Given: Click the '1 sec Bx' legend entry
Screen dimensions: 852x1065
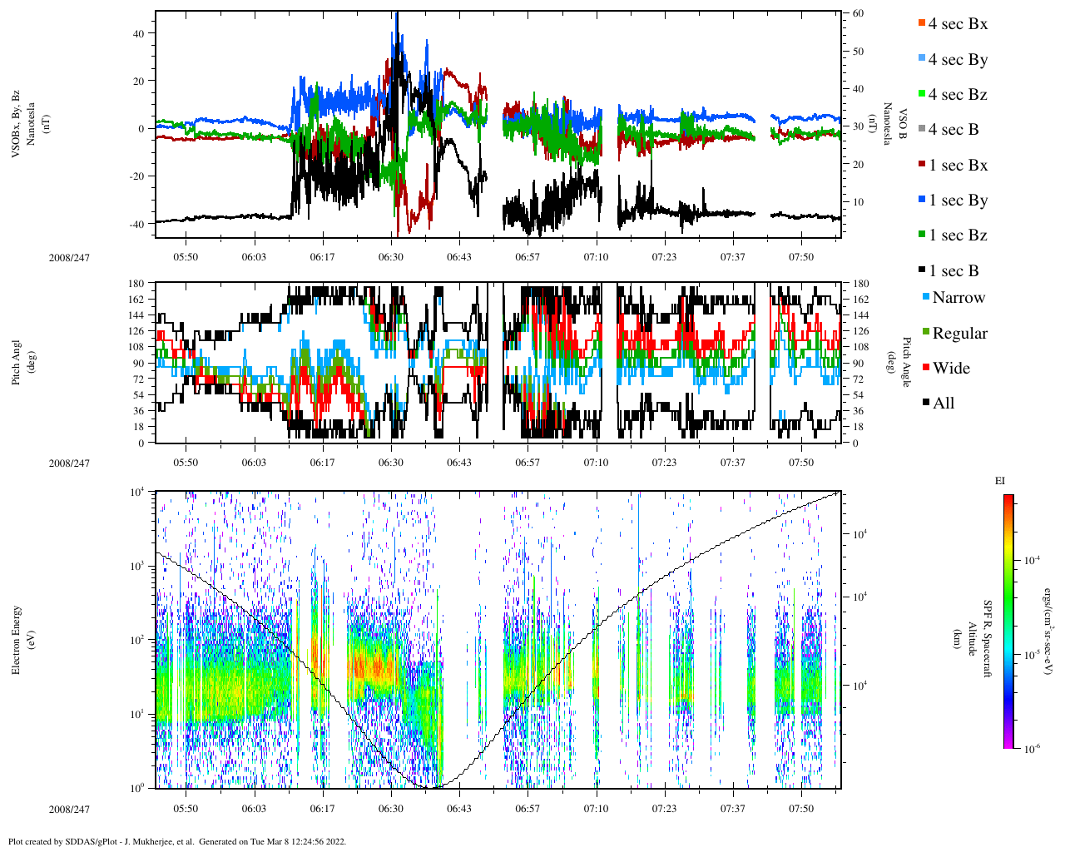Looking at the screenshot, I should (x=958, y=166).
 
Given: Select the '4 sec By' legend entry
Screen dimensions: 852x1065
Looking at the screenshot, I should (x=958, y=60).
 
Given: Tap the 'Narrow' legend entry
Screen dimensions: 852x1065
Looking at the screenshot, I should (x=958, y=298).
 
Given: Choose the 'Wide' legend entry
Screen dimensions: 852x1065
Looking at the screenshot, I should (x=950, y=369).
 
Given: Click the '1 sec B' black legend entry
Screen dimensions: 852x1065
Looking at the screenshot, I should (x=954, y=271).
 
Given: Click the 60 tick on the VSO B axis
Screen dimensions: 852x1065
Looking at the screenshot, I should (x=858, y=14).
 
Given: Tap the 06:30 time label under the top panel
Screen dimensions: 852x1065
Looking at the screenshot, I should (x=391, y=257).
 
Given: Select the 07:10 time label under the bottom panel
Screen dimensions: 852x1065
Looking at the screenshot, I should (x=596, y=809).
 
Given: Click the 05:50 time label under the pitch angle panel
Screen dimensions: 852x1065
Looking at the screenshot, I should (x=186, y=463).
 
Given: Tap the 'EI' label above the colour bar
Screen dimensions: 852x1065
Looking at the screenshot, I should (x=1000, y=481).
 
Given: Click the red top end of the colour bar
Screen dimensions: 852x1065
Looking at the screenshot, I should (x=1008, y=498).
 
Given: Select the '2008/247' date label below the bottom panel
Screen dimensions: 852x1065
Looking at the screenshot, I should (x=69, y=810).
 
